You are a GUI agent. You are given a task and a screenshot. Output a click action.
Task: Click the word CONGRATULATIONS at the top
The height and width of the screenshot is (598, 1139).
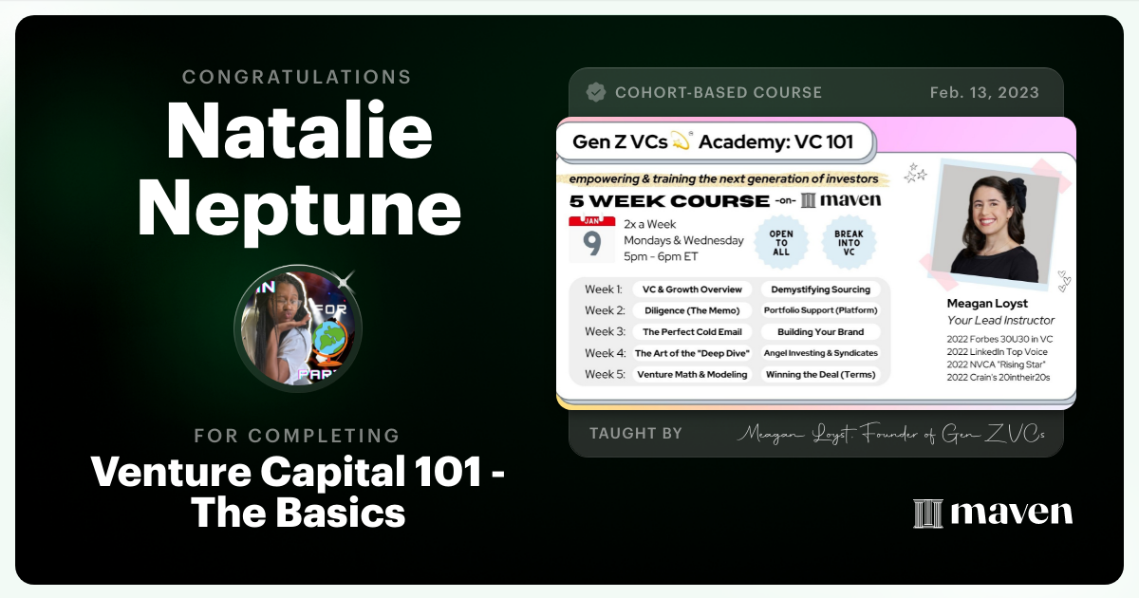click(297, 77)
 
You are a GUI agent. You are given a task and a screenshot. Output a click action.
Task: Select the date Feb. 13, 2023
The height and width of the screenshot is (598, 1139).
click(984, 92)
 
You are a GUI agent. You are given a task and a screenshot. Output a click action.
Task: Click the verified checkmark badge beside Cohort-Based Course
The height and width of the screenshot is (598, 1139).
click(596, 92)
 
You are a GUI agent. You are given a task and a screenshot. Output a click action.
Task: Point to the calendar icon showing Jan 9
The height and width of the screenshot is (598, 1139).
click(591, 239)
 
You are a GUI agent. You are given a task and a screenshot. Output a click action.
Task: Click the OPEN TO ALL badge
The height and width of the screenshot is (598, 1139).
click(781, 241)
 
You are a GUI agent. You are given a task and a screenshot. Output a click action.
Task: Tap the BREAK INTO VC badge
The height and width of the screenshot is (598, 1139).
click(848, 241)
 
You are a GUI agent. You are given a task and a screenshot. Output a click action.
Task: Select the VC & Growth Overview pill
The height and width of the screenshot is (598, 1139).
click(692, 290)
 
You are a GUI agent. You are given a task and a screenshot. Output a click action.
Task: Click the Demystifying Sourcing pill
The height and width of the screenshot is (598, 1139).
click(820, 290)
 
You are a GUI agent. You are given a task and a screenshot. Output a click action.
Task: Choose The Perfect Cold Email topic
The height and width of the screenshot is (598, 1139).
click(692, 332)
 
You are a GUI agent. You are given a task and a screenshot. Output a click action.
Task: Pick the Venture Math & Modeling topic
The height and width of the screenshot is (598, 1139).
click(692, 374)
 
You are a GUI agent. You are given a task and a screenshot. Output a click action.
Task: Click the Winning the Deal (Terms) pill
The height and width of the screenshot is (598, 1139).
click(820, 374)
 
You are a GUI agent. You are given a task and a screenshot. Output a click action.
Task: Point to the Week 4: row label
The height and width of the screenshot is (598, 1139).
click(604, 353)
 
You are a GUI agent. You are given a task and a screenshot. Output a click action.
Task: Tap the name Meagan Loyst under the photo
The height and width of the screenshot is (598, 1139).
click(986, 304)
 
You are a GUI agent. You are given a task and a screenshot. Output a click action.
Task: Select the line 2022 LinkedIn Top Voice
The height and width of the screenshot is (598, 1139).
click(998, 351)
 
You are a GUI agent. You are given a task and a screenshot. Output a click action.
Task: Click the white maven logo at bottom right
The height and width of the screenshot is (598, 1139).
click(993, 513)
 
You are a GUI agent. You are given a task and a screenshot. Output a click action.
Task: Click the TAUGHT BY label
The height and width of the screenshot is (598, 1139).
click(635, 433)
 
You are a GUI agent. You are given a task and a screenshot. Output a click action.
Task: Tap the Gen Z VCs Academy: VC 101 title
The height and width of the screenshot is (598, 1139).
click(713, 142)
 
